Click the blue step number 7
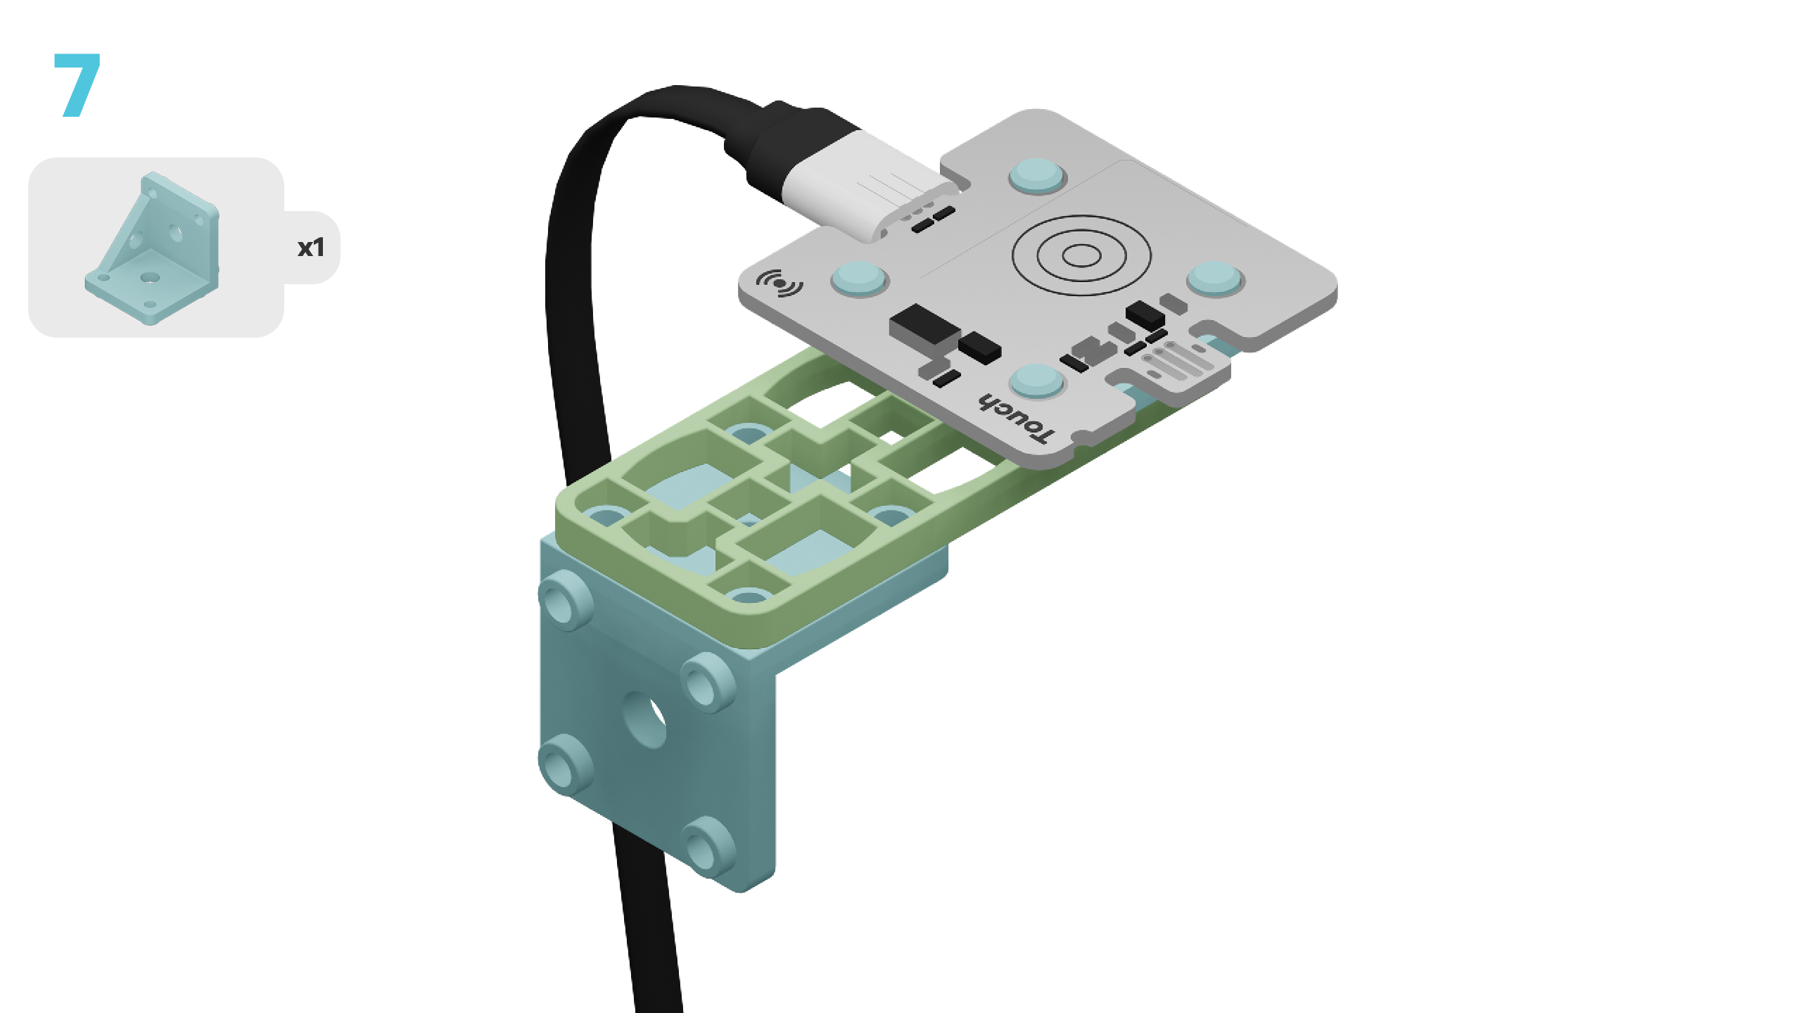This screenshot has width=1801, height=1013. [77, 84]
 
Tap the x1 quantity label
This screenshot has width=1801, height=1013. [311, 248]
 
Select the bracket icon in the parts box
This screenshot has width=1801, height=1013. [152, 248]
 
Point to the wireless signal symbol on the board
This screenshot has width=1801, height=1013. [779, 283]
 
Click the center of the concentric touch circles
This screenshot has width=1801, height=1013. [1081, 255]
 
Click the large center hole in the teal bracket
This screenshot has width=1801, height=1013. [644, 719]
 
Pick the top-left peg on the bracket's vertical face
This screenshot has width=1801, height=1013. [565, 599]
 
